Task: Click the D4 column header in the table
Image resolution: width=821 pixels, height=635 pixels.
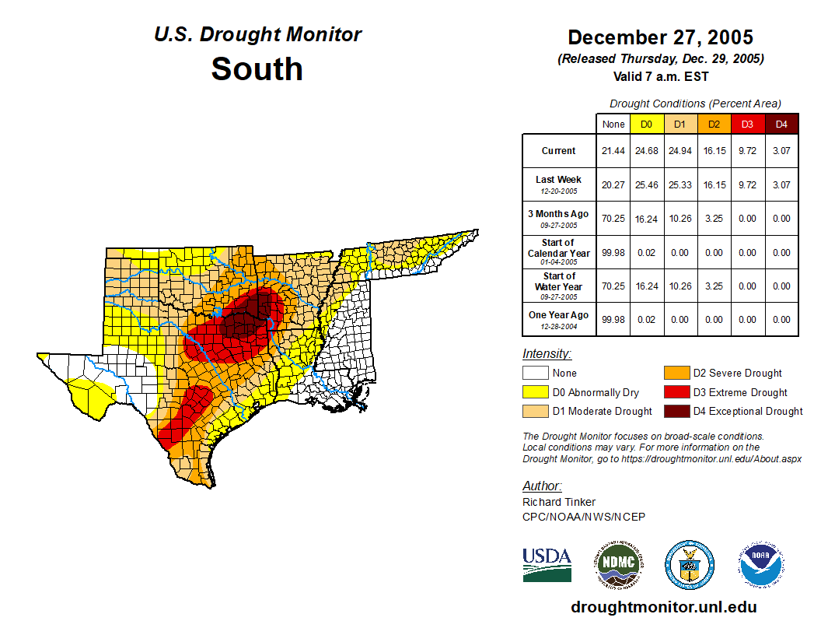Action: point(781,124)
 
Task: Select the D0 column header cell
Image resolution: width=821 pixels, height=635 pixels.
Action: point(646,124)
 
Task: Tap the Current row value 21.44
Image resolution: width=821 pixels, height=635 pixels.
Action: point(613,151)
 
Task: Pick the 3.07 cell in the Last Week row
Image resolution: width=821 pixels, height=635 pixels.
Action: point(781,185)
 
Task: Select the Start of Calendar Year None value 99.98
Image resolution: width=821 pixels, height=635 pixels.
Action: point(613,253)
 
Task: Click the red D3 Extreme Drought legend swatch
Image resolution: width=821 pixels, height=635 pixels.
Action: point(676,392)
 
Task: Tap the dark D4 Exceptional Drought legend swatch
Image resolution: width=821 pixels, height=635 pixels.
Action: point(676,411)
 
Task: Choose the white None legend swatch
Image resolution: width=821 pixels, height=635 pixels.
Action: point(535,374)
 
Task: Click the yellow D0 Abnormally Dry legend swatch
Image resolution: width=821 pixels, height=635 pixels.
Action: point(535,392)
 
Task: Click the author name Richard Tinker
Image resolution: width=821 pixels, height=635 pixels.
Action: point(559,502)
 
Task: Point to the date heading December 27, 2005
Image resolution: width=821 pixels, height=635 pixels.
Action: point(660,37)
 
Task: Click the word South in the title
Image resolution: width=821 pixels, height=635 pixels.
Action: point(257,68)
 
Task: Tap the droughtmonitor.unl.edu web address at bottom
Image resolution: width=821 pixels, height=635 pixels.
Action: point(663,607)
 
